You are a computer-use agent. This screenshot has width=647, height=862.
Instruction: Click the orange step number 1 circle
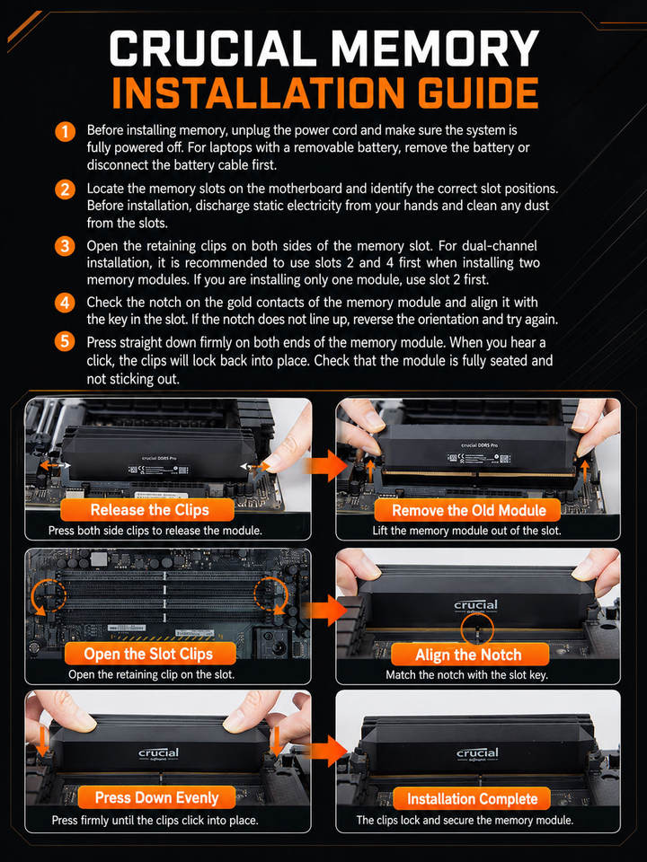(x=65, y=132)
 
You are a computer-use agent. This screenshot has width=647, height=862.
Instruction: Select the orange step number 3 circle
(x=65, y=246)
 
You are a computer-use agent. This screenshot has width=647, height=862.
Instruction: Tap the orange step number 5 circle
(x=65, y=341)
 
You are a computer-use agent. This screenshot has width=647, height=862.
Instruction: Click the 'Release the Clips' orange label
(x=146, y=510)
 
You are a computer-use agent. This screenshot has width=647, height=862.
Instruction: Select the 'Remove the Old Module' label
(x=467, y=510)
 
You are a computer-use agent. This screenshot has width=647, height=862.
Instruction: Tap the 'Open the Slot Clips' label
(x=150, y=654)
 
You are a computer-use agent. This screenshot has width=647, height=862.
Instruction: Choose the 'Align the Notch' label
(x=469, y=655)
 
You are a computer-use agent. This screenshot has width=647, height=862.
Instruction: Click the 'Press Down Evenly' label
(x=156, y=797)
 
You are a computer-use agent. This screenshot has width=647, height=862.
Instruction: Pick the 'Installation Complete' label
(x=472, y=798)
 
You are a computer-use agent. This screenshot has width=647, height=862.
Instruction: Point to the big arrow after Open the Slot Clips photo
(x=325, y=611)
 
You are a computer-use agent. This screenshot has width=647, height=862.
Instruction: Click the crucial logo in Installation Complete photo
(x=477, y=754)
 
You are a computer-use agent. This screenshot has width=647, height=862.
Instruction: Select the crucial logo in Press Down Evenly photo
(x=158, y=753)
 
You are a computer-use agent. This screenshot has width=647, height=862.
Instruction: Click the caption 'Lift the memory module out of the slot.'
(x=466, y=531)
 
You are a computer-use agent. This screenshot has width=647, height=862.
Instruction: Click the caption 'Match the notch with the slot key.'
(x=466, y=674)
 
